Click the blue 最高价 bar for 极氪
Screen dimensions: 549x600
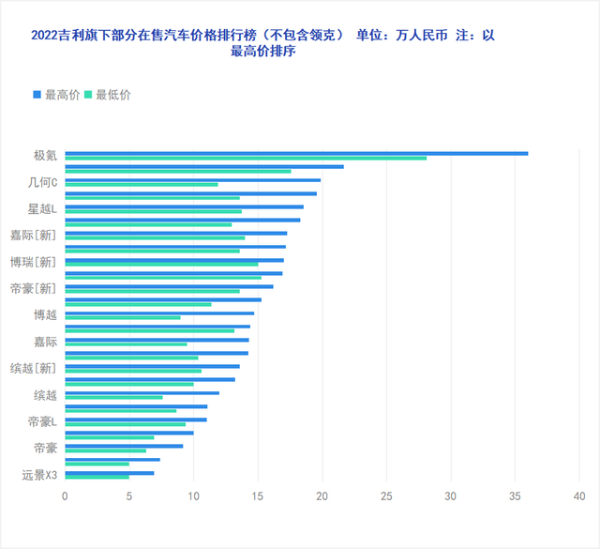tap(296, 153)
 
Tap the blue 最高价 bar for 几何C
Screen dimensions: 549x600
tap(192, 179)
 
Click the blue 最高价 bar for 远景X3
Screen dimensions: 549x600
tap(109, 473)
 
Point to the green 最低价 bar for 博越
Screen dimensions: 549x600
tap(122, 317)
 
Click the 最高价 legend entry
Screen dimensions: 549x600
tap(56, 94)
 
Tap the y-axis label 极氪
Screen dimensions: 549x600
tap(45, 156)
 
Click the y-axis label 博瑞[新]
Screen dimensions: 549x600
tap(34, 262)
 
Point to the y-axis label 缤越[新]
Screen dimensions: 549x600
tap(34, 368)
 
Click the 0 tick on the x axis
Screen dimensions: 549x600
tap(65, 494)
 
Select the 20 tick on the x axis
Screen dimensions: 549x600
tap(322, 494)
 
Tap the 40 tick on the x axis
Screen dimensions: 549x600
tap(579, 494)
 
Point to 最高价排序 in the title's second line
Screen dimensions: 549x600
tap(262, 52)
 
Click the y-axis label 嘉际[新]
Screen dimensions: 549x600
tap(34, 236)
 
